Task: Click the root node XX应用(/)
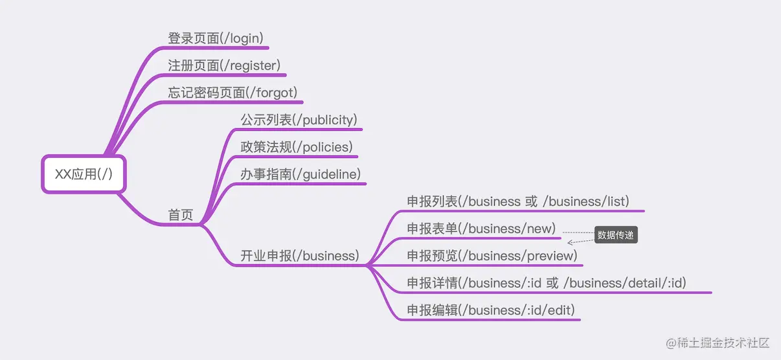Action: tap(84, 174)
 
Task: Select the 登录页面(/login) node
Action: tap(216, 38)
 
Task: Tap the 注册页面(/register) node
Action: tap(223, 65)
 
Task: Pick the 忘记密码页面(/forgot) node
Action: tap(232, 93)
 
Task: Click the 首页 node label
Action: tap(181, 216)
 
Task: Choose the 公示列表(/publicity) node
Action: tap(299, 120)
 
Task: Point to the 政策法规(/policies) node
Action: tap(297, 147)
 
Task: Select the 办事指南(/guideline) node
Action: tap(300, 174)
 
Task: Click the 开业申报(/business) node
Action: tap(299, 256)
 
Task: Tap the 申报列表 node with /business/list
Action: tap(518, 201)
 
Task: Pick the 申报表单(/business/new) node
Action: tap(481, 229)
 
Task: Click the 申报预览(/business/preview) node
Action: tap(492, 256)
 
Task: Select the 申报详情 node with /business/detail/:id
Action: tap(546, 283)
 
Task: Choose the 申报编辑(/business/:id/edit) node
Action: tap(490, 310)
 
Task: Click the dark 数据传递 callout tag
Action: tap(615, 236)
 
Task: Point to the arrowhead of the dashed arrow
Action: tap(570, 243)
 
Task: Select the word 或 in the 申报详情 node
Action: tap(552, 283)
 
